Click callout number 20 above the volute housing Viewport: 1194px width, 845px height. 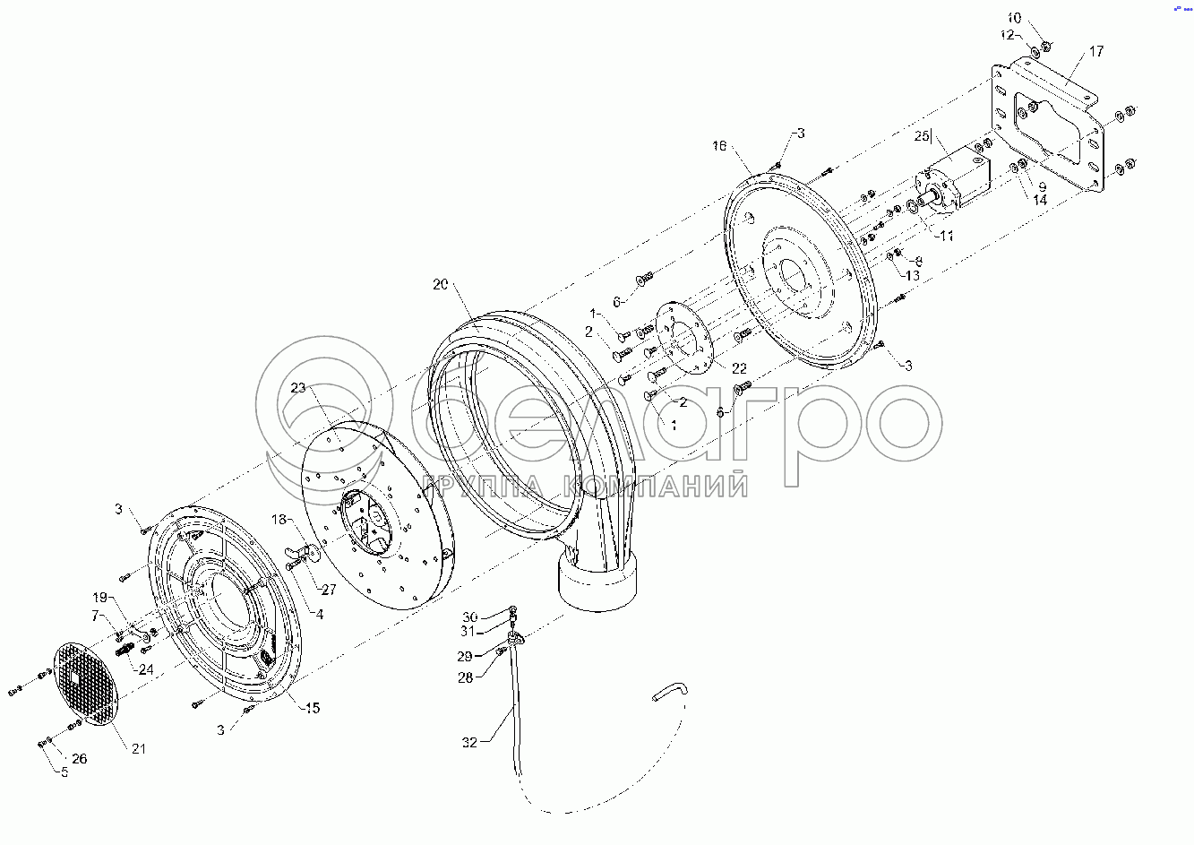coord(440,285)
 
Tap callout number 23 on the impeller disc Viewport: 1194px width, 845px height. coord(298,388)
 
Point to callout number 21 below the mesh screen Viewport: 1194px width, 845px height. coord(138,749)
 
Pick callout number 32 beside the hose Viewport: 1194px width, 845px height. coord(470,741)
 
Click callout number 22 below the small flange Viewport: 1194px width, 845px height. coord(739,368)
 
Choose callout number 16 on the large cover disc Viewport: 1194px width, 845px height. coord(719,145)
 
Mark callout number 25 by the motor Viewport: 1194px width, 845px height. coord(923,137)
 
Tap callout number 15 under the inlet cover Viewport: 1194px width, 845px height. coord(311,709)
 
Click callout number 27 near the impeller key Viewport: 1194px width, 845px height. coord(329,590)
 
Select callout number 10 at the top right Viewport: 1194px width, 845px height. coord(1013,18)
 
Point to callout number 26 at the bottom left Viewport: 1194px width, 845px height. coord(80,759)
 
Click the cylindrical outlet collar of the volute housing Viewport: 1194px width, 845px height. coord(597,582)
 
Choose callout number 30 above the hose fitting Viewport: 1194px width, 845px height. coord(470,617)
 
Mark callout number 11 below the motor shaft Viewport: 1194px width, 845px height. coord(947,236)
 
